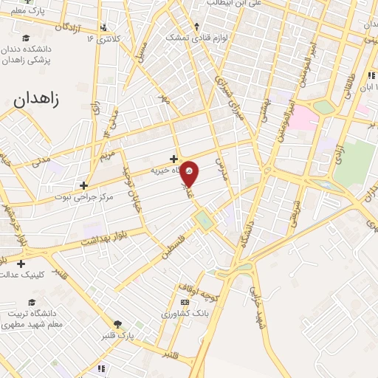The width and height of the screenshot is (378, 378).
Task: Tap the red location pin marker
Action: pos(190,173)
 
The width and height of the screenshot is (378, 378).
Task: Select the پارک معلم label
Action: pos(27,11)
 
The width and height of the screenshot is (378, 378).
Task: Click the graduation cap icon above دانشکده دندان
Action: pos(27,38)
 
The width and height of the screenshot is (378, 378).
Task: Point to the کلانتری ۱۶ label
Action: pos(102,37)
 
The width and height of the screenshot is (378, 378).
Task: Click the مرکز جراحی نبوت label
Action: pos(83,197)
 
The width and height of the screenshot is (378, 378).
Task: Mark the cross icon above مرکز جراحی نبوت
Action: pos(83,185)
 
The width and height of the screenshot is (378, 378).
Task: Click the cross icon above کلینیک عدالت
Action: pos(21,264)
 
